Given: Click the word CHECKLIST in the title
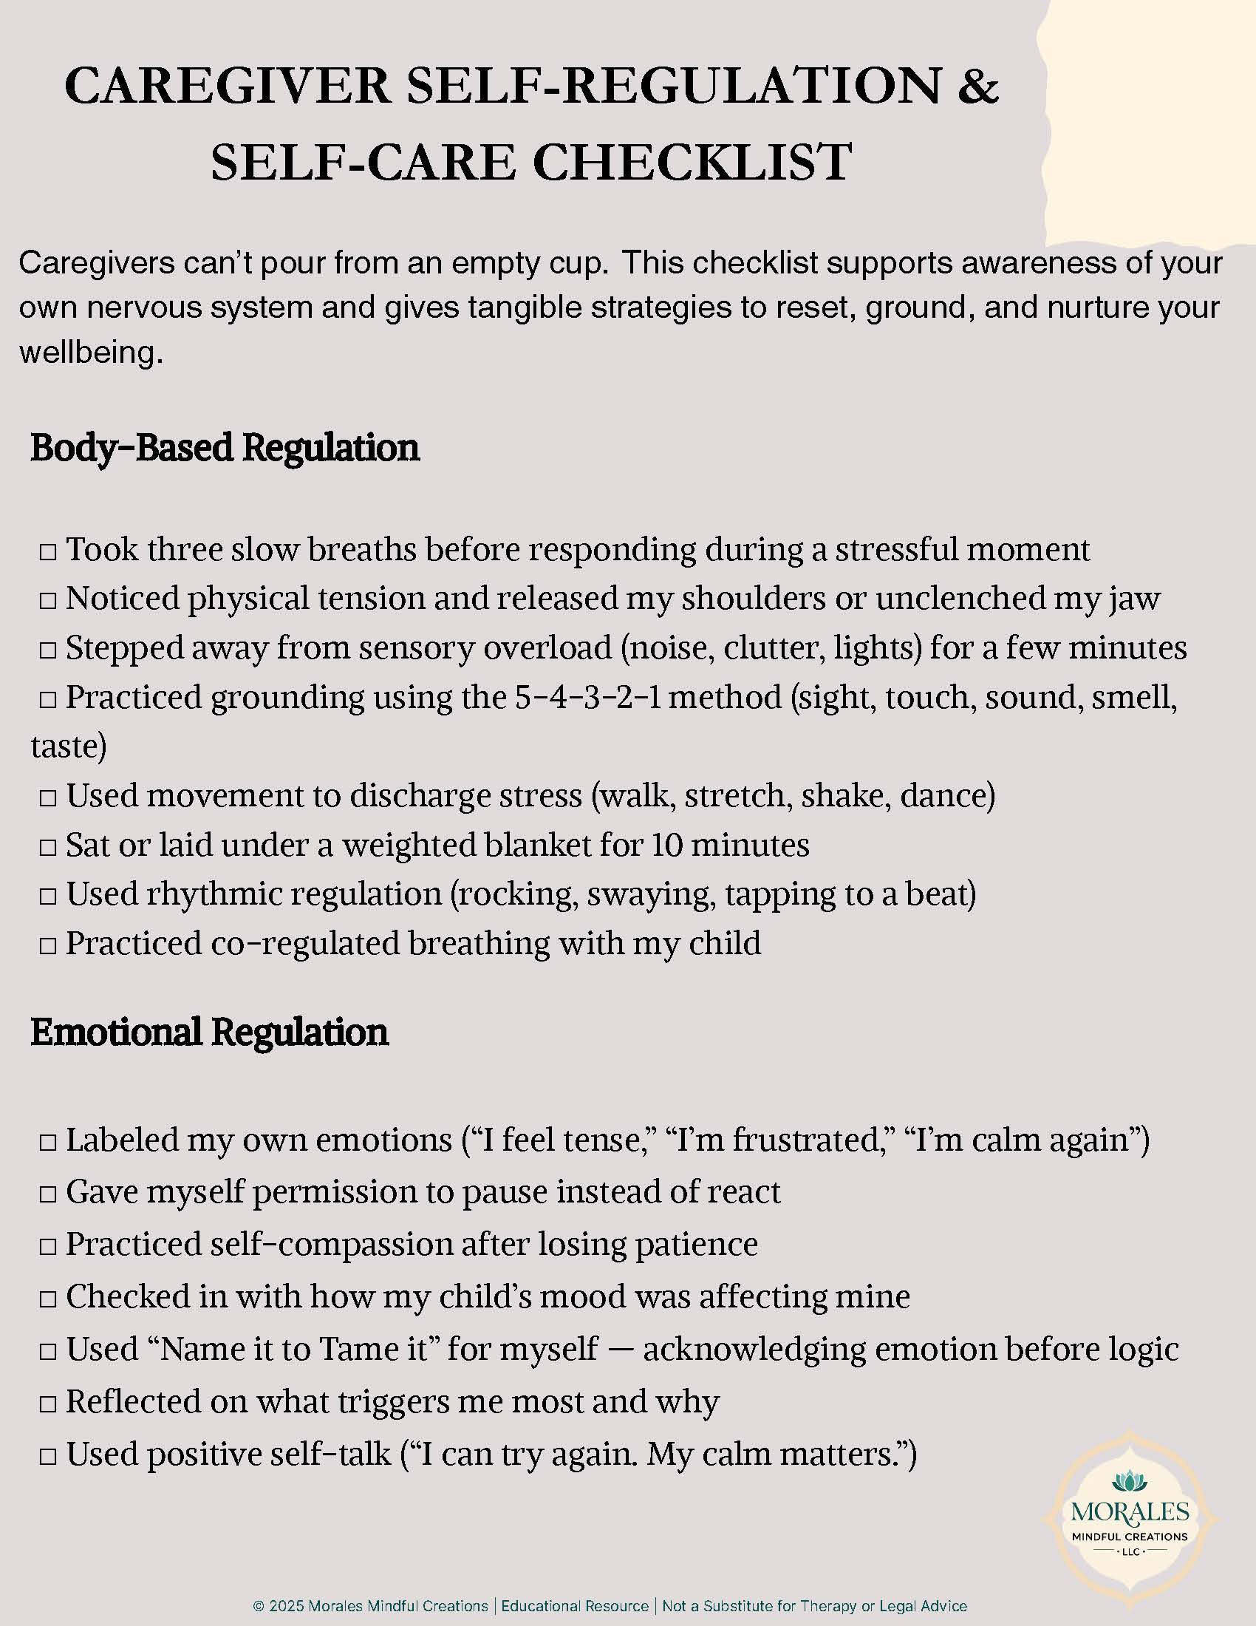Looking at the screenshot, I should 692,163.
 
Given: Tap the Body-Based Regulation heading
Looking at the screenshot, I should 225,447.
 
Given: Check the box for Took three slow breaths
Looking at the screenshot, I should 48,551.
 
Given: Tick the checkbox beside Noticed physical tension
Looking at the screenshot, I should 48,601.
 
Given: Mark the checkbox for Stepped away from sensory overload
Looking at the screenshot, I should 48,650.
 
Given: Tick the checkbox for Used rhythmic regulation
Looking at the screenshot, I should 48,897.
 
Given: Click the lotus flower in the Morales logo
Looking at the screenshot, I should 1130,1479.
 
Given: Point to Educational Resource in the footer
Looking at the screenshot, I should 575,1606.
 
